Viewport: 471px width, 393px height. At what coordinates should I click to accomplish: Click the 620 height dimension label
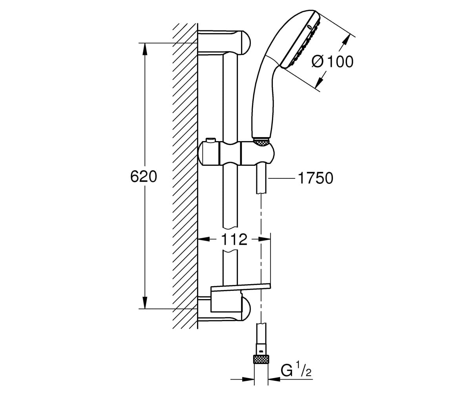click(144, 176)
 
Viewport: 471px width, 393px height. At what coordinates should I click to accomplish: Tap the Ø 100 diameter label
click(332, 61)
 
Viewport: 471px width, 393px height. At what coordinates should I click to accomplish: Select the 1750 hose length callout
click(316, 178)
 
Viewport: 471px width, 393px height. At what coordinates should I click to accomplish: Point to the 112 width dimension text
click(234, 239)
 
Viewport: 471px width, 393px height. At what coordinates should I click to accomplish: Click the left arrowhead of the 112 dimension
click(203, 239)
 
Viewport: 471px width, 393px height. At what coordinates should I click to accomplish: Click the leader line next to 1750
click(281, 178)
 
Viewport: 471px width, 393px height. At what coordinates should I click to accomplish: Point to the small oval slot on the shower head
click(310, 28)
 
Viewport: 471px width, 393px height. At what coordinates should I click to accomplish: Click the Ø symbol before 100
click(318, 61)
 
